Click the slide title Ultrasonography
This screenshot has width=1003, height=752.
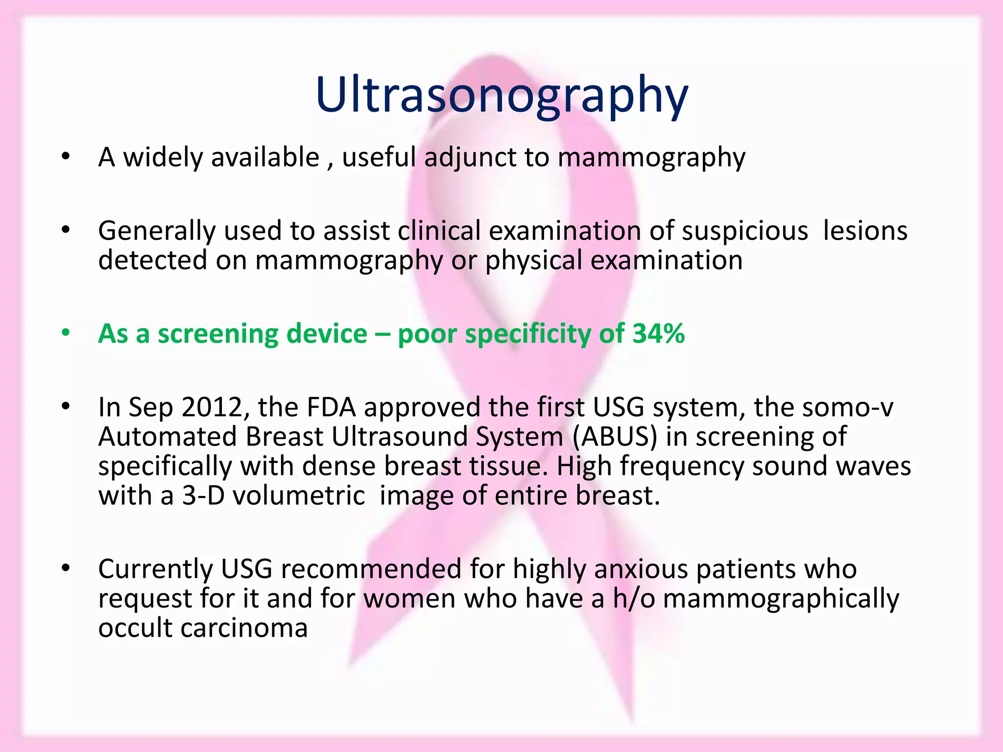501,95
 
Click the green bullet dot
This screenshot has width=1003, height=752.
66,333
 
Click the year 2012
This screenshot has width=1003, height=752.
212,407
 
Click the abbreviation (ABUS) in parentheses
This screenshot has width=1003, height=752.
614,437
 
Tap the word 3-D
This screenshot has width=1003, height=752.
203,495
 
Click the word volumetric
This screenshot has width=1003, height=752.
299,495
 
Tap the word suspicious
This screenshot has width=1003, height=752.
744,231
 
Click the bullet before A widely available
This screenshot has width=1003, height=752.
66,157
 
